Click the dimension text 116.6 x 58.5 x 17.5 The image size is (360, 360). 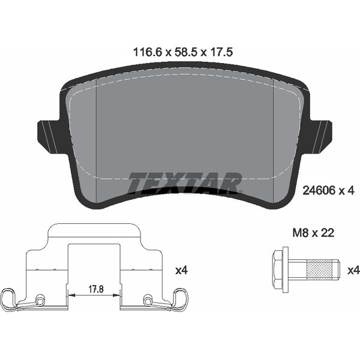[x=182, y=53]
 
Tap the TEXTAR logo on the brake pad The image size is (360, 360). [x=185, y=182]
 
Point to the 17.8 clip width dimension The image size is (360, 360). [x=94, y=289]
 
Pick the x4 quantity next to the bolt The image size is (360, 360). [x=353, y=270]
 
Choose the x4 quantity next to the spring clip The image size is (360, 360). [x=181, y=271]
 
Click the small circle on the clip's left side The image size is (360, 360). [x=40, y=300]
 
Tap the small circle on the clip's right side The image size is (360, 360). [x=146, y=300]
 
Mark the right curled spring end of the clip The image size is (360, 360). [x=179, y=298]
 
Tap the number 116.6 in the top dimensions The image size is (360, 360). [x=145, y=53]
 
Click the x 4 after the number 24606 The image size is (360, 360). [x=347, y=191]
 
